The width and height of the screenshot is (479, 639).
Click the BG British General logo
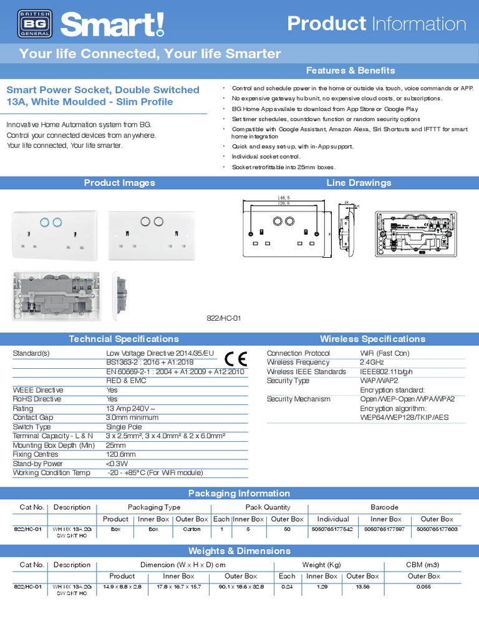[x=30, y=24]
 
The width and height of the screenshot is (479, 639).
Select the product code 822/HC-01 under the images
[x=223, y=318]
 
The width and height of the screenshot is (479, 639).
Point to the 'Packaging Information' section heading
[x=239, y=493]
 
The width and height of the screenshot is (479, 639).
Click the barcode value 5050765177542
[x=332, y=529]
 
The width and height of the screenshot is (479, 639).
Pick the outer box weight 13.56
[x=362, y=587]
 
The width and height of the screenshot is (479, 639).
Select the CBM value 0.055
[x=423, y=587]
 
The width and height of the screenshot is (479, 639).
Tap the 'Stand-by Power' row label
[x=38, y=464]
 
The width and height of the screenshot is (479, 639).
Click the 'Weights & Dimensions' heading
[x=239, y=550]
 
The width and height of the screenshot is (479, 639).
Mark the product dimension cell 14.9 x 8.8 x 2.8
[x=122, y=587]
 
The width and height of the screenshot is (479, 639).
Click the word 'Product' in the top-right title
[x=326, y=24]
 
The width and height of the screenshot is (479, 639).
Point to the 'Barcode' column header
[x=384, y=507]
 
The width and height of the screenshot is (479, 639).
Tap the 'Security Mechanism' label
[x=298, y=399]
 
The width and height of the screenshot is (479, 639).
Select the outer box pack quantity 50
[x=287, y=529]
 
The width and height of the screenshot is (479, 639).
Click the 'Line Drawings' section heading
[x=359, y=183]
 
